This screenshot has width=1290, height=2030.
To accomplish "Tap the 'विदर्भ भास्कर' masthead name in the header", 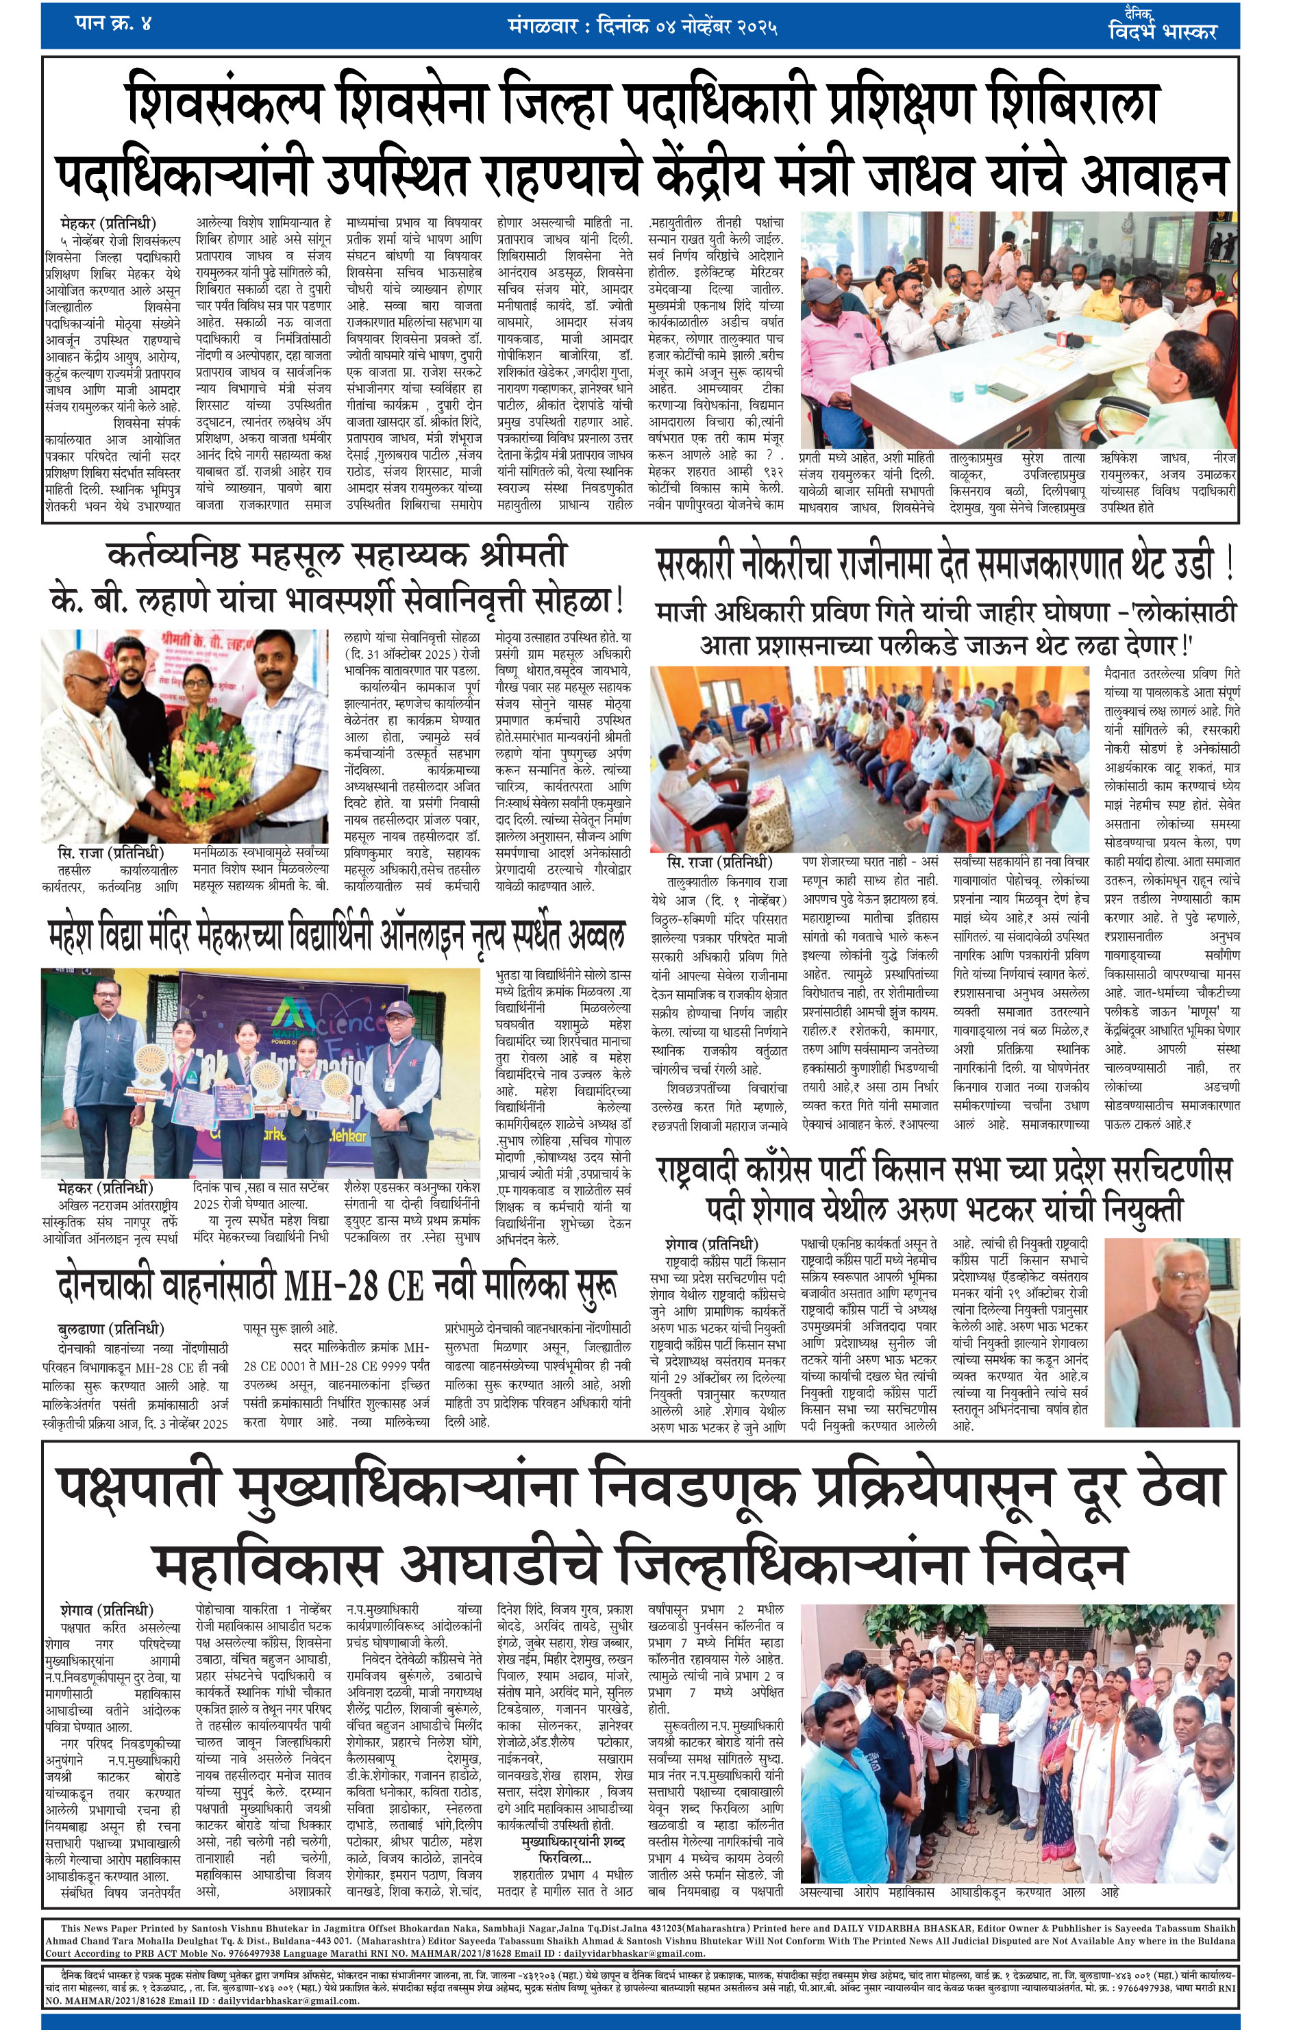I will click(x=1163, y=32).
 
